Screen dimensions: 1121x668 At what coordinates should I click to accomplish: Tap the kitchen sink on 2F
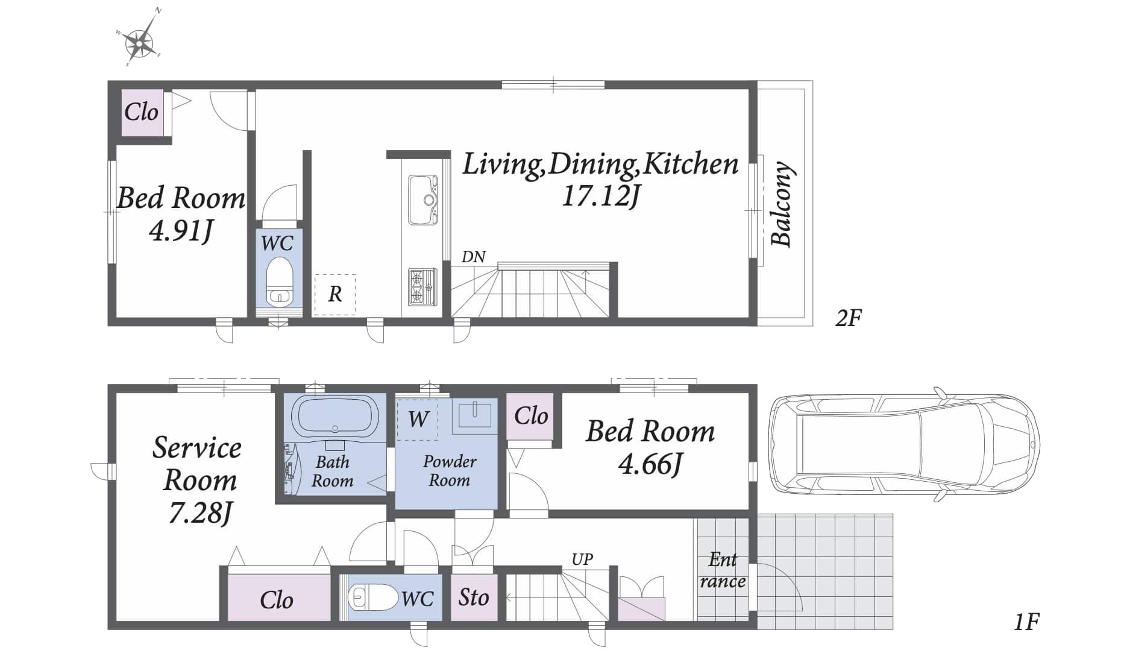point(422,200)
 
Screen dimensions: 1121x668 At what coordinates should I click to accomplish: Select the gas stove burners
point(422,286)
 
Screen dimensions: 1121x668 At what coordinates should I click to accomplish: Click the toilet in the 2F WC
point(280,282)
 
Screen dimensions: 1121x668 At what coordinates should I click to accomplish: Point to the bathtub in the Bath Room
point(335,415)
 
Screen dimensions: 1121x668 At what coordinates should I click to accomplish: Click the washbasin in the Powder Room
point(474,416)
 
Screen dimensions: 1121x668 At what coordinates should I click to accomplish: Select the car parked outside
point(905,444)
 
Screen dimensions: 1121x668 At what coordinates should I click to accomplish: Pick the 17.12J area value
point(600,196)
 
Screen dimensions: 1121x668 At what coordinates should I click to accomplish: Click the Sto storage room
point(474,597)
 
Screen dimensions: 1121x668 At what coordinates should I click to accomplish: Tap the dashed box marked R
point(335,295)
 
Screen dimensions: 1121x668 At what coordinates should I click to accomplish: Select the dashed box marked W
point(418,419)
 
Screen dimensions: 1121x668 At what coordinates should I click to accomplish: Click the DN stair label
point(474,257)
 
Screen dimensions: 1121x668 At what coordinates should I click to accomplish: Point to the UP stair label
point(582,559)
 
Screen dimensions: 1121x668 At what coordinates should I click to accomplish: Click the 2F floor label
point(849,318)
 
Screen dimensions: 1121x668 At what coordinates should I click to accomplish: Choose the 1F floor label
point(1026,622)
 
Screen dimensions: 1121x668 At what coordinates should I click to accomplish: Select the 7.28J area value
point(200,513)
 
